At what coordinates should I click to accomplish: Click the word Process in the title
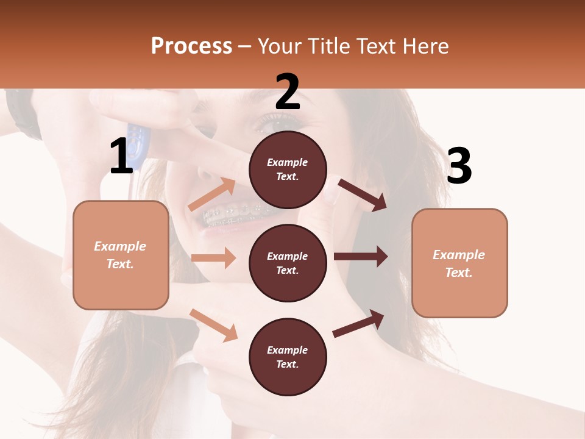[x=191, y=46]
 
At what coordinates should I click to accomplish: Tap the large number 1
[x=121, y=156]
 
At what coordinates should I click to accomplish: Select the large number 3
[x=459, y=166]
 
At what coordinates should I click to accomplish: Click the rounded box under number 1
[x=121, y=255]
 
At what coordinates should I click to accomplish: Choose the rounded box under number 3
[x=459, y=263]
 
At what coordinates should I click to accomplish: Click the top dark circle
[x=288, y=170]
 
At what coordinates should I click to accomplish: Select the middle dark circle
[x=288, y=263]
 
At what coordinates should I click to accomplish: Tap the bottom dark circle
[x=288, y=357]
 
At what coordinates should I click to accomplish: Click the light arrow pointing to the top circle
[x=212, y=195]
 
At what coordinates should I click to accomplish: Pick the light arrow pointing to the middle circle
[x=213, y=258]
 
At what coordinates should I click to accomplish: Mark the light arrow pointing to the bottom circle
[x=213, y=324]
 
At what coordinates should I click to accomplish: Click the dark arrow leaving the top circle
[x=362, y=195]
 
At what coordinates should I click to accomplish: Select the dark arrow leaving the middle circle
[x=360, y=256]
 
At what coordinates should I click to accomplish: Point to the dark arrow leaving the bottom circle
[x=358, y=323]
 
